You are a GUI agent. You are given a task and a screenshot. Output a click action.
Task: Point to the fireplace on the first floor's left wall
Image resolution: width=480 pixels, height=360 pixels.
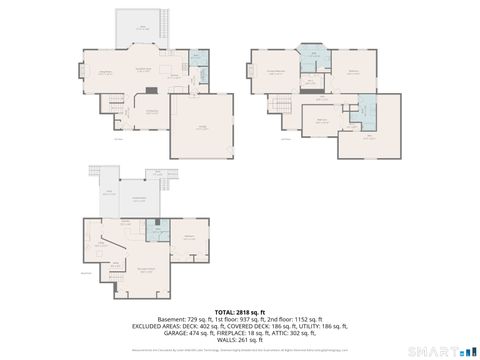[x=82, y=71]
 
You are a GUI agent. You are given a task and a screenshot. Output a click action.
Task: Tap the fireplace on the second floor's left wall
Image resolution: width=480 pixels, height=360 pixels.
[x=250, y=71]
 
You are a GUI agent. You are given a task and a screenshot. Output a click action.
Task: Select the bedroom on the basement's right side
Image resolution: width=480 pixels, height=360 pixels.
[x=190, y=240]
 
